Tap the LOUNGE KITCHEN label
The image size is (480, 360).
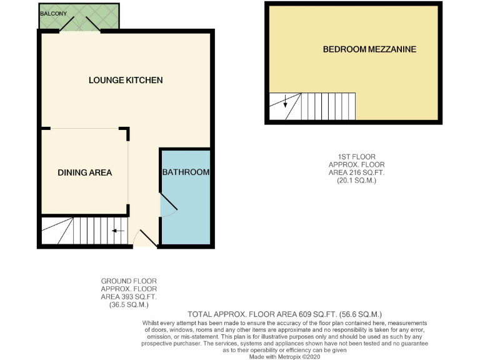click(x=126, y=80)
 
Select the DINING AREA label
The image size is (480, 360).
click(x=85, y=172)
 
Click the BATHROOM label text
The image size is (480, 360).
click(x=186, y=172)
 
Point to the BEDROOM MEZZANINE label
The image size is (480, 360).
click(x=369, y=49)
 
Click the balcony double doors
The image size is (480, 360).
click(x=80, y=24)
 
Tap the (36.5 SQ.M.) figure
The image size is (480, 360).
click(x=129, y=305)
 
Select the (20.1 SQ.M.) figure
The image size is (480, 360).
click(x=352, y=180)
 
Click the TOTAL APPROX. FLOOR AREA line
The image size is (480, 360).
click(x=284, y=314)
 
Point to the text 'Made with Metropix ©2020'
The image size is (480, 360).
click(x=284, y=356)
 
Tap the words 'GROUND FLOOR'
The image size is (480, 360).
click(x=129, y=281)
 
